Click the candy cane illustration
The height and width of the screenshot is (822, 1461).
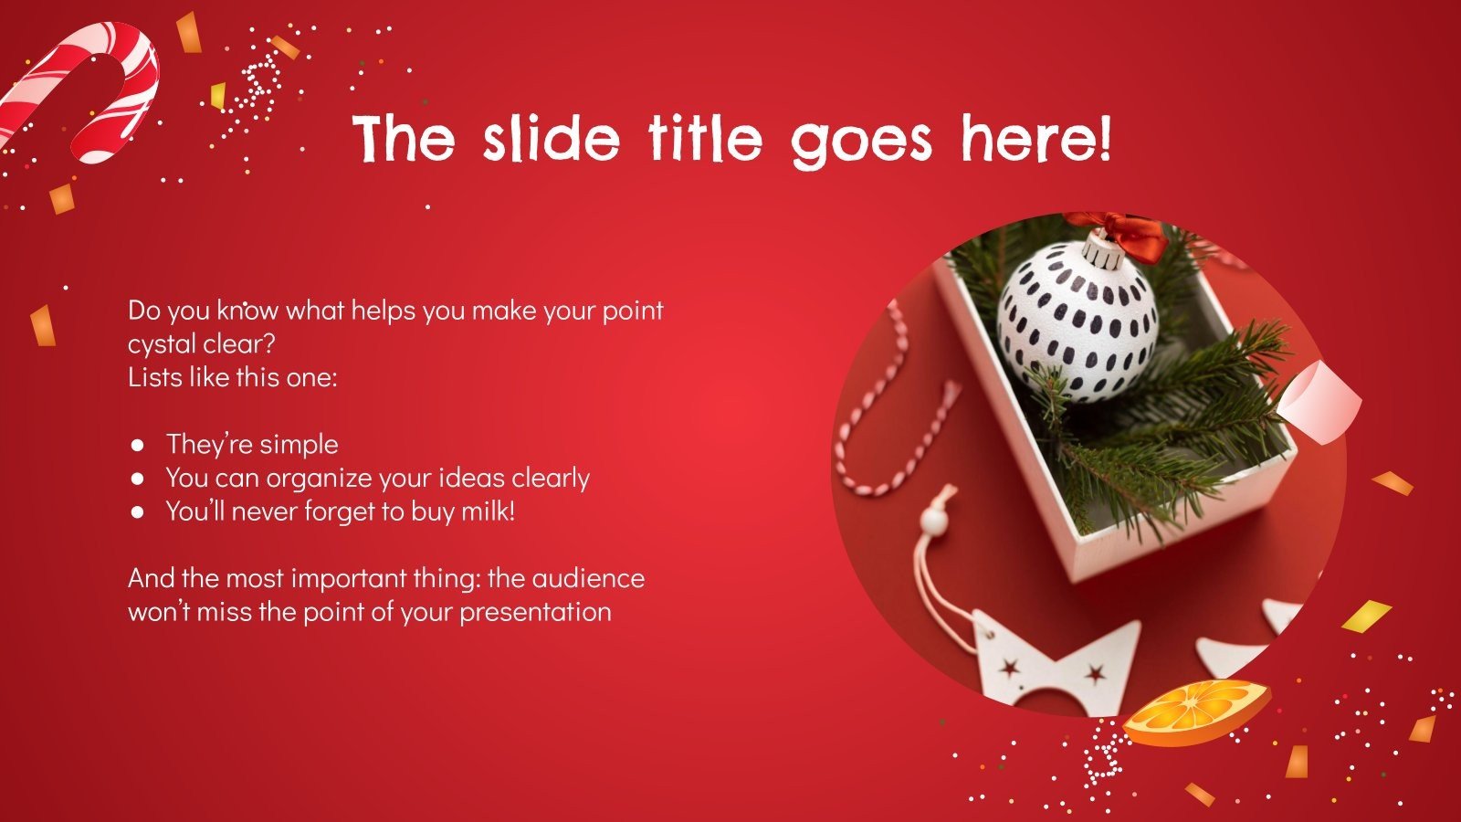[x=87, y=87]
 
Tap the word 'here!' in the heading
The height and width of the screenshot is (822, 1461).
[x=1035, y=140]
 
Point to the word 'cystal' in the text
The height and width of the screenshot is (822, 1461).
[x=163, y=345]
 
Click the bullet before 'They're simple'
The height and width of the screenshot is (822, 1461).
[x=138, y=445]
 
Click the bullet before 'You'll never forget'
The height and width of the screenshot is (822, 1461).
[x=138, y=511]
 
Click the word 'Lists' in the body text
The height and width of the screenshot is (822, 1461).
[x=153, y=377]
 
